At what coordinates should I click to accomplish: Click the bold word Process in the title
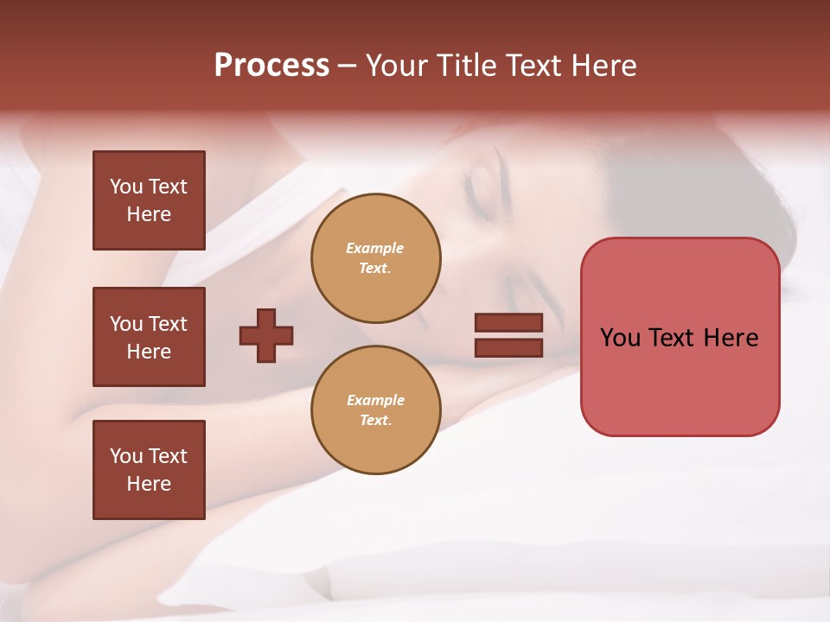click(x=271, y=66)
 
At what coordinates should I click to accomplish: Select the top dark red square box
click(x=149, y=200)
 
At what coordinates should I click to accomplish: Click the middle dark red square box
click(x=149, y=337)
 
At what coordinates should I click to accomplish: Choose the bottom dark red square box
click(x=149, y=470)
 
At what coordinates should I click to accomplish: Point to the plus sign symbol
click(x=266, y=335)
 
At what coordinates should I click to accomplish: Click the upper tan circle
click(x=375, y=258)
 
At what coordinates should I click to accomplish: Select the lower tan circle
click(x=375, y=410)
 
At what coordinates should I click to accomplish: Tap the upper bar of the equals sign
click(x=508, y=323)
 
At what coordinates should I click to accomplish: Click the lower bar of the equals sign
click(x=508, y=347)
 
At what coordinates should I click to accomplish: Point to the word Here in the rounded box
click(x=731, y=338)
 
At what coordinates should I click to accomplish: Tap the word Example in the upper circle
click(x=374, y=249)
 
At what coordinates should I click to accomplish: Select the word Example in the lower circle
click(x=375, y=401)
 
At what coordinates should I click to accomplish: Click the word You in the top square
click(x=125, y=187)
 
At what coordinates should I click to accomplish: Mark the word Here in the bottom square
click(x=149, y=484)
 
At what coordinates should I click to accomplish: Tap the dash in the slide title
click(x=348, y=66)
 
